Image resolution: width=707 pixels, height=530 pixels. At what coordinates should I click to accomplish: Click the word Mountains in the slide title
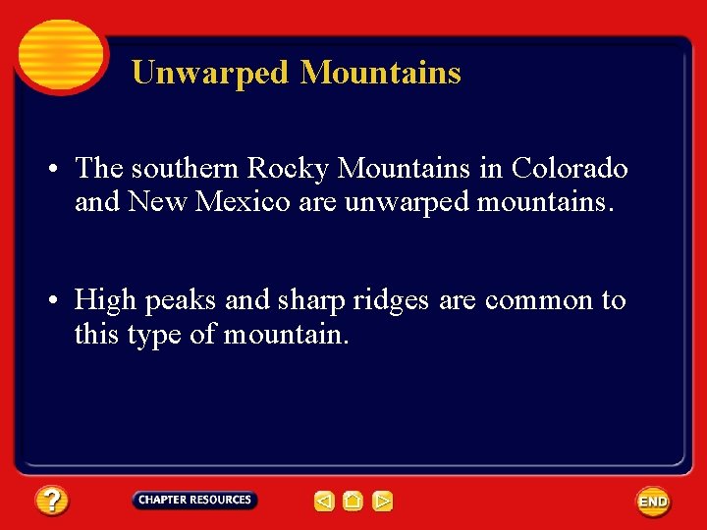pos(381,73)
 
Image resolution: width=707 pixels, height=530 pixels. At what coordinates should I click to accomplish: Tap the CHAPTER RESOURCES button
pos(194,501)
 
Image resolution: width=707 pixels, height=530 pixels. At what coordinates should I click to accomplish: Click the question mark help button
pos(52,502)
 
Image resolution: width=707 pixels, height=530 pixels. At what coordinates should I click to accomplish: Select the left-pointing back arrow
pos(324,502)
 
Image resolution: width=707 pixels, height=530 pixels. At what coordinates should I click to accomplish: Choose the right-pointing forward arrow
pos(383,502)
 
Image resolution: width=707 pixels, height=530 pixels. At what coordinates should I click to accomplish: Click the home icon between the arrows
pos(353,502)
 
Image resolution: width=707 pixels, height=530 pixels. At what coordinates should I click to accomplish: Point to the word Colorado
pos(569,169)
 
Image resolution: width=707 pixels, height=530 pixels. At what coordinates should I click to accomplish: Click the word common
pos(538,300)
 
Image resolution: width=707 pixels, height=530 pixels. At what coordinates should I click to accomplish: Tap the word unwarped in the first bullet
pos(406,202)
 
